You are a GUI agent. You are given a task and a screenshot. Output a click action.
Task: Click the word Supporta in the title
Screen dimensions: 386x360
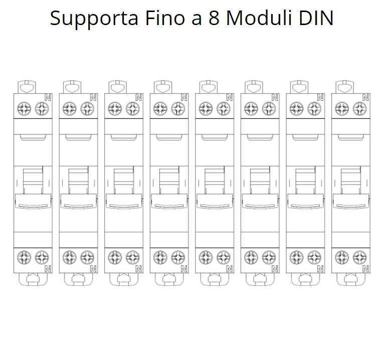94,19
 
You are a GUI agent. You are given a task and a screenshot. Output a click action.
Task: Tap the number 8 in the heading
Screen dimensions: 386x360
214,18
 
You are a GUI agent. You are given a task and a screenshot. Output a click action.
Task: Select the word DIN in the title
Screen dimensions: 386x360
316,18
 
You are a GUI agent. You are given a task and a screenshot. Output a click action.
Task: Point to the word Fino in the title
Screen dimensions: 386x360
165,18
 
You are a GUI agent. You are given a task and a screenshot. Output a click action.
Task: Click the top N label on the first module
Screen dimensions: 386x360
48,97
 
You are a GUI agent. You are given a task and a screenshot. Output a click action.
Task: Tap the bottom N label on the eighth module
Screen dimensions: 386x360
365,269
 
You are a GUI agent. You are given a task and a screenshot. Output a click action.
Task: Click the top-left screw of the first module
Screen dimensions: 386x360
24,108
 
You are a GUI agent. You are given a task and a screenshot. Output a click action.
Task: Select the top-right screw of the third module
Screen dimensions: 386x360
133,108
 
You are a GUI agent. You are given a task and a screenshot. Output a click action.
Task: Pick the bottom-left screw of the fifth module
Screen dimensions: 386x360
206,257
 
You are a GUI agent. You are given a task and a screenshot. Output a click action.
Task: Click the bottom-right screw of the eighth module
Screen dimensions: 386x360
359,257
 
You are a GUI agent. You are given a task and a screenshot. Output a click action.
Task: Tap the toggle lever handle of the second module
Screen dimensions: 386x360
79,201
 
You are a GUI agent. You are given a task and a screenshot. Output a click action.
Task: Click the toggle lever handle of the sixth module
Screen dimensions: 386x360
260,201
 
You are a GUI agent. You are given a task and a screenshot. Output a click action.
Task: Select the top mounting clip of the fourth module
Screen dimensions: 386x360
163,87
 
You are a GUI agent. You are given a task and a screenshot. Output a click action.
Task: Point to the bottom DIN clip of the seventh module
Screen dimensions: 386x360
305,279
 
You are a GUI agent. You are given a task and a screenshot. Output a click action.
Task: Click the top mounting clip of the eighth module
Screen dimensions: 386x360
345,87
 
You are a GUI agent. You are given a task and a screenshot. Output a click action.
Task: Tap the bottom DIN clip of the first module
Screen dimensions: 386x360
33,279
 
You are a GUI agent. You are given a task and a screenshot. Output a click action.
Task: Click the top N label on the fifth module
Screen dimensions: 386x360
230,97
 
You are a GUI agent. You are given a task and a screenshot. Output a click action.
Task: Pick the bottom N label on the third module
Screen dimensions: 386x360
138,269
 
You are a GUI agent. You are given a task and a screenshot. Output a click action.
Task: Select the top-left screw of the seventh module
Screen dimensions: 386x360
297,108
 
